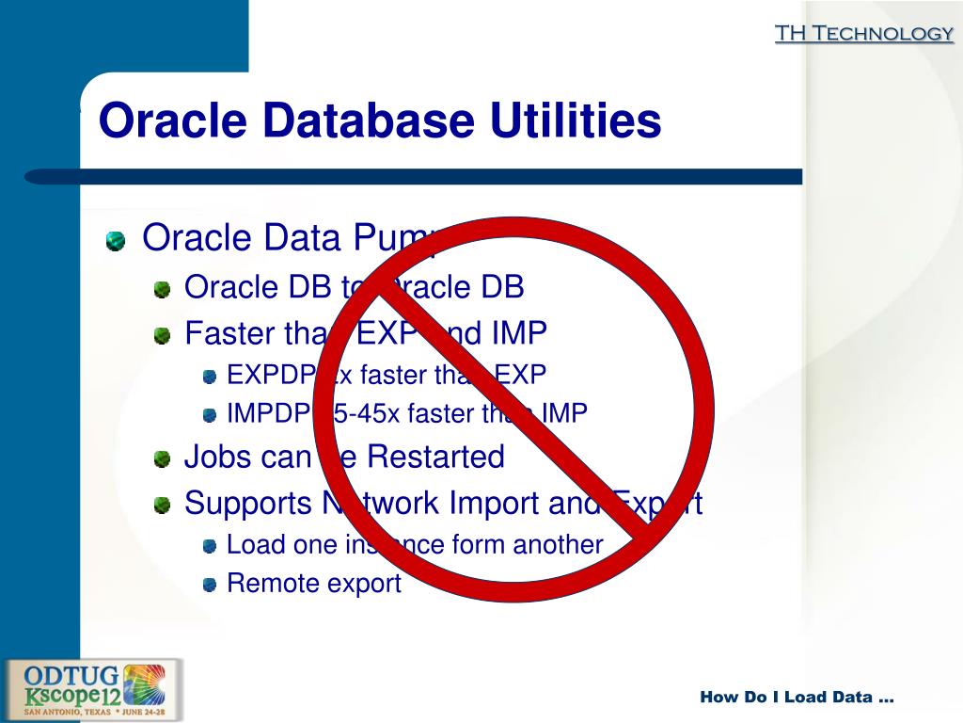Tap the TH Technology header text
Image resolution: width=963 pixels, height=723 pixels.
click(863, 34)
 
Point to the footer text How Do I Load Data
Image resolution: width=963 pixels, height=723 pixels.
click(797, 698)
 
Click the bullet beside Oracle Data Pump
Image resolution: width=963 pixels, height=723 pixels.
click(115, 241)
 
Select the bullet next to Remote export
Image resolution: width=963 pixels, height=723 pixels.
click(210, 585)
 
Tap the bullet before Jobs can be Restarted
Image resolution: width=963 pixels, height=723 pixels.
click(164, 459)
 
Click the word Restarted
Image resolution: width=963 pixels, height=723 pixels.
click(435, 457)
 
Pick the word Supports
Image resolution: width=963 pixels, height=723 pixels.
click(245, 504)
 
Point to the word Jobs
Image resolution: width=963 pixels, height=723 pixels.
click(217, 457)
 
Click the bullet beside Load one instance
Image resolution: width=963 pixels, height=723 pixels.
click(210, 546)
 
